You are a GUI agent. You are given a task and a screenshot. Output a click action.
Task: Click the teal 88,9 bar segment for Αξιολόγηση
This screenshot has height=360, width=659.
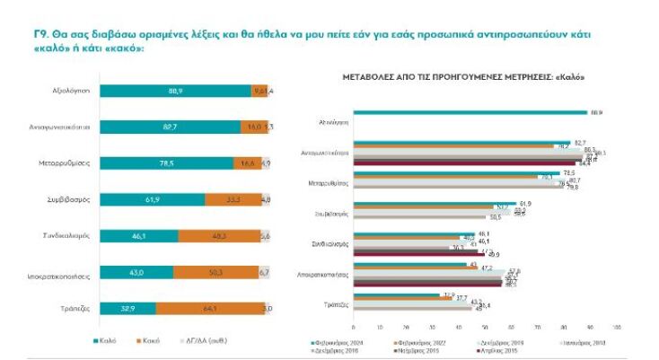175,92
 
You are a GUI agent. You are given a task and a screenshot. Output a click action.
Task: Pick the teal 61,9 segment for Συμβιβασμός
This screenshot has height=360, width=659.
152,199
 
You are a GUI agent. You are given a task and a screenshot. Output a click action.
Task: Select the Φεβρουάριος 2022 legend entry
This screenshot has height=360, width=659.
421,342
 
